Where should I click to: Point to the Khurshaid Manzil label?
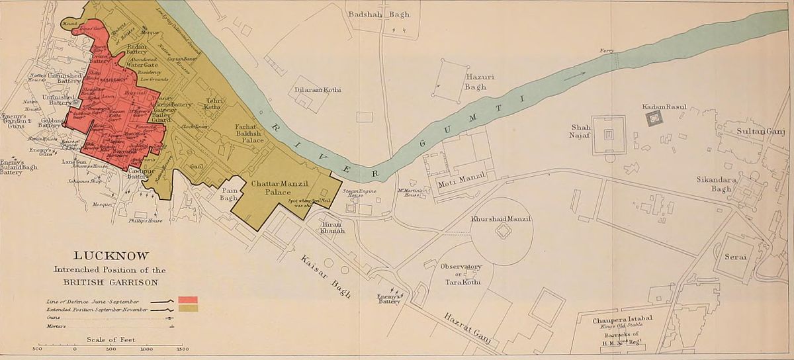pos(500,218)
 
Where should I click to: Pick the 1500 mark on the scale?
pos(182,348)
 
